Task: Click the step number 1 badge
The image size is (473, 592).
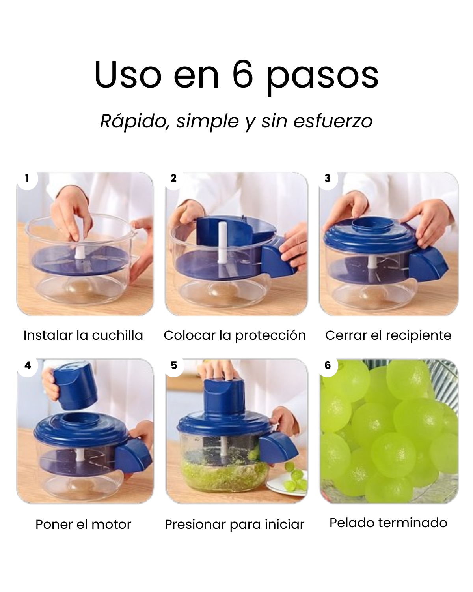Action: [x=27, y=179]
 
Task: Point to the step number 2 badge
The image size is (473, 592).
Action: [x=174, y=179]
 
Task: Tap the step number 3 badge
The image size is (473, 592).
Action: [x=328, y=179]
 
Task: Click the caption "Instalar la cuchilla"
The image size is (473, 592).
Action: [x=83, y=335]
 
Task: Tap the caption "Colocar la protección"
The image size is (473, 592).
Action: [x=235, y=335]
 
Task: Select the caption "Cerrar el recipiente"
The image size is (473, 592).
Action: [x=388, y=335]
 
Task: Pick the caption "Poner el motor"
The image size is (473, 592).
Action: [x=83, y=525]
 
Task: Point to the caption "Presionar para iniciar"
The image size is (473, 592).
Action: [x=235, y=525]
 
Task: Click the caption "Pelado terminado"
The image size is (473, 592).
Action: [x=388, y=523]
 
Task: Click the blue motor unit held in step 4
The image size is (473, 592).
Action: [x=75, y=385]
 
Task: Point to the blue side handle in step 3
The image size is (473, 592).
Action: [x=427, y=262]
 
